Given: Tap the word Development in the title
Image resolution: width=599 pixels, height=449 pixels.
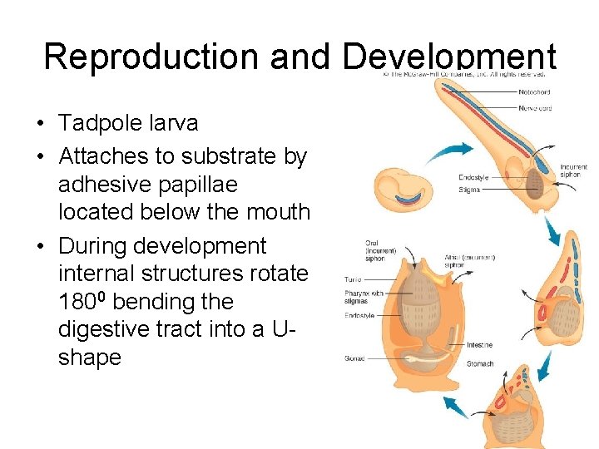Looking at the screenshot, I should pos(449,56).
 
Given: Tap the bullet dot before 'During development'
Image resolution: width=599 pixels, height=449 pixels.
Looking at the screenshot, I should pos(40,246).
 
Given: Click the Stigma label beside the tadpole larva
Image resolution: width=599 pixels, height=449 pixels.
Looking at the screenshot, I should pos(469,190).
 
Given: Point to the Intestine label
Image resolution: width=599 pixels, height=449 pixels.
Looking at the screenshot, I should pos(479,345).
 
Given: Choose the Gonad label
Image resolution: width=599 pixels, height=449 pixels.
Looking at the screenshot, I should pos(355,358).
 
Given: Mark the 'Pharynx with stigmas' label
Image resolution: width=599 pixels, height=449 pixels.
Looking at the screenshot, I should pos(364,297).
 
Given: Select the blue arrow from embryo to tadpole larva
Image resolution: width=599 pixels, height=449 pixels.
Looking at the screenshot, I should pos(450,151).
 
